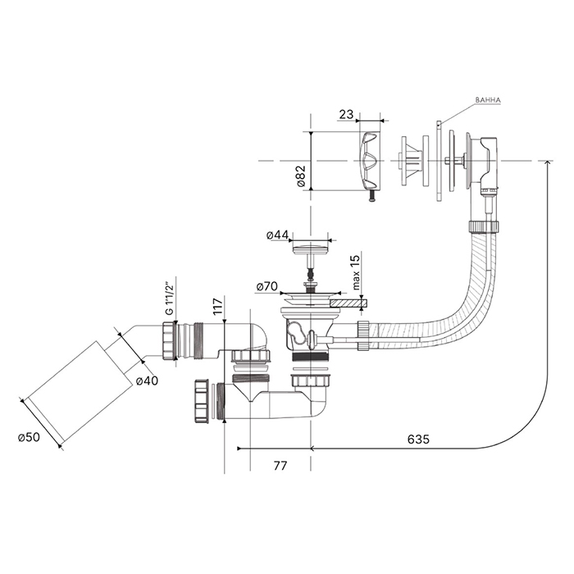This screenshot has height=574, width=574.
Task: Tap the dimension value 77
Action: [280, 466]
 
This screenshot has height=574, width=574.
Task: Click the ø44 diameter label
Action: [277, 236]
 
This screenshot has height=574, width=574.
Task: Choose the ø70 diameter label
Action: [267, 287]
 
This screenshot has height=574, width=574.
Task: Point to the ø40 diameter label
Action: [148, 380]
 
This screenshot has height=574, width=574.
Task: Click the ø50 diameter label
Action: [30, 436]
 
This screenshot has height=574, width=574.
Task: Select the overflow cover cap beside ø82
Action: [370, 160]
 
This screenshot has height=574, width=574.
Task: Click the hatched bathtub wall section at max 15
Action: [348, 303]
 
